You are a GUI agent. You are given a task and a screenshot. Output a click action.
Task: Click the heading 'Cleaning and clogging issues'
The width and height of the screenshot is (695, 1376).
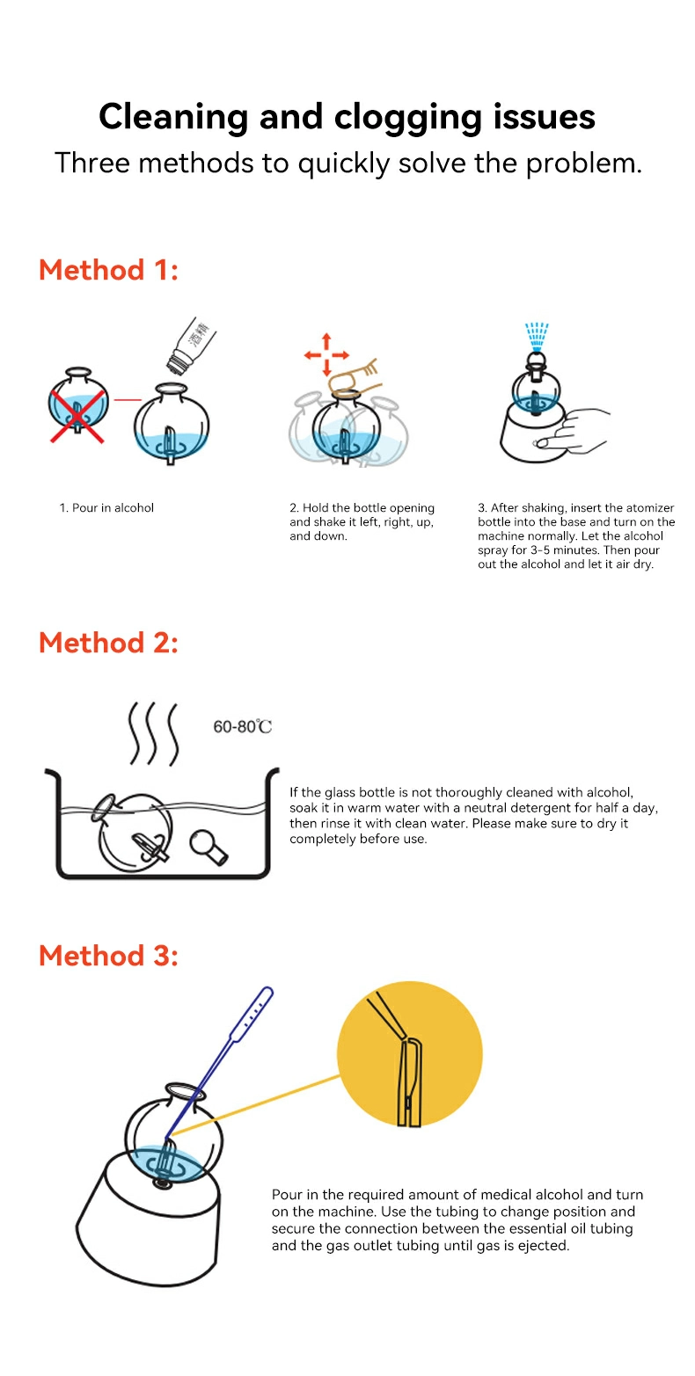point(347,117)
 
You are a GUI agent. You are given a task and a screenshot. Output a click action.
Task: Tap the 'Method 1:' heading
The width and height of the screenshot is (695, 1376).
point(108,270)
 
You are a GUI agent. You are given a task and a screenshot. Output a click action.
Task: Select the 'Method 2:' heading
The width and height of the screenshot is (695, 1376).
point(108,643)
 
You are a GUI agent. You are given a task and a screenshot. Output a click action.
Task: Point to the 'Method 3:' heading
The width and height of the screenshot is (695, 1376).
point(108,956)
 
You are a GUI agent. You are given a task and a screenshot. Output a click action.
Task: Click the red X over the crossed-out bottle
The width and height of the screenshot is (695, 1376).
point(77,416)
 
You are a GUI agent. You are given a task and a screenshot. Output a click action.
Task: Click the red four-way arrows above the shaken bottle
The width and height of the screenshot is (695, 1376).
point(326,354)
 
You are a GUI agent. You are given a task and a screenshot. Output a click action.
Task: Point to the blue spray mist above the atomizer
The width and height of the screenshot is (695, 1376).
point(536,336)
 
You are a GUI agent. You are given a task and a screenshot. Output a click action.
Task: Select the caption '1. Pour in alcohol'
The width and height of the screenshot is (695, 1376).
point(106,508)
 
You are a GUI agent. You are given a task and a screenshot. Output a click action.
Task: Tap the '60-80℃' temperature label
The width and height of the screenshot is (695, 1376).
point(242,727)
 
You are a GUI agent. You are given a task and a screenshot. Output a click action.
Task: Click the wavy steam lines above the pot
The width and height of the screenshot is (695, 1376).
point(154,734)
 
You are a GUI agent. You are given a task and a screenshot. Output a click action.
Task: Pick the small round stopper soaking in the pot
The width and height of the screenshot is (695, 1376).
point(208,847)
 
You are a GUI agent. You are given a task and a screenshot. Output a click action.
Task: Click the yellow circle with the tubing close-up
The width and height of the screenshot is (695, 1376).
point(409,1054)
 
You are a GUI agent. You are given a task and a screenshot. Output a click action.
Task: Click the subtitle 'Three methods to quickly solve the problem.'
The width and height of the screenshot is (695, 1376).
point(347,164)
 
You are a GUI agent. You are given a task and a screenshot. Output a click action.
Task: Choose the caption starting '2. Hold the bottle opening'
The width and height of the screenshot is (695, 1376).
point(362,522)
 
